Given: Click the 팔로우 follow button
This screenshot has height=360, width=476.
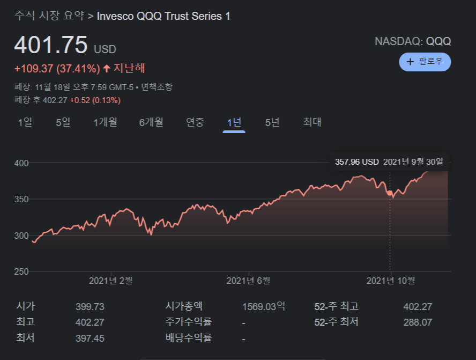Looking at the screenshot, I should (x=425, y=62).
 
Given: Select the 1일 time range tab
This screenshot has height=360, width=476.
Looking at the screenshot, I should (x=25, y=122).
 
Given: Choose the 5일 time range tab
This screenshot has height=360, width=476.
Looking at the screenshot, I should (x=63, y=122).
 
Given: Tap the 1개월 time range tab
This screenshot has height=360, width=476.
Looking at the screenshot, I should (x=105, y=122).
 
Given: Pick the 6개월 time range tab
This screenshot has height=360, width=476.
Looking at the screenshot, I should (x=151, y=122).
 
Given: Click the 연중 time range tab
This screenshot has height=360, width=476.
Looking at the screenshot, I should (x=195, y=122).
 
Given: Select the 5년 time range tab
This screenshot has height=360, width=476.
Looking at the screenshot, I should (x=272, y=122).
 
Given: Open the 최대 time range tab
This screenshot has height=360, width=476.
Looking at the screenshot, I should (x=312, y=122).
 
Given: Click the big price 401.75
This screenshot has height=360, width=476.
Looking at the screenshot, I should (x=50, y=46).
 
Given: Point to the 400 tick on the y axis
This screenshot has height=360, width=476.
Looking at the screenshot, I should (x=21, y=163).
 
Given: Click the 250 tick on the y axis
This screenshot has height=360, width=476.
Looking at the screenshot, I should (x=21, y=271).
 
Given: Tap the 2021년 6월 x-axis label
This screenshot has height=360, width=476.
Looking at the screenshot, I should (x=248, y=281).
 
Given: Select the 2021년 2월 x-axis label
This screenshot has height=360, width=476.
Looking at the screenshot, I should (x=110, y=281).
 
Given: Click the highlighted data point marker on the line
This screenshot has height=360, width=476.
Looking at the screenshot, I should (x=390, y=193).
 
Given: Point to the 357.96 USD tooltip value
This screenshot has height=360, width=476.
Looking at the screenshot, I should (x=356, y=161).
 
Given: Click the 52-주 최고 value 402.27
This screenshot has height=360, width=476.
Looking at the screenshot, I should (x=418, y=307).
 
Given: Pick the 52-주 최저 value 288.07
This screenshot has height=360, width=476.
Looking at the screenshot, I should (x=418, y=322).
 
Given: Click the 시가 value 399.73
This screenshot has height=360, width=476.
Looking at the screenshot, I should (x=90, y=307).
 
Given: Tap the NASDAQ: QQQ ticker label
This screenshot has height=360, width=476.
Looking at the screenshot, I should (x=413, y=41).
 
